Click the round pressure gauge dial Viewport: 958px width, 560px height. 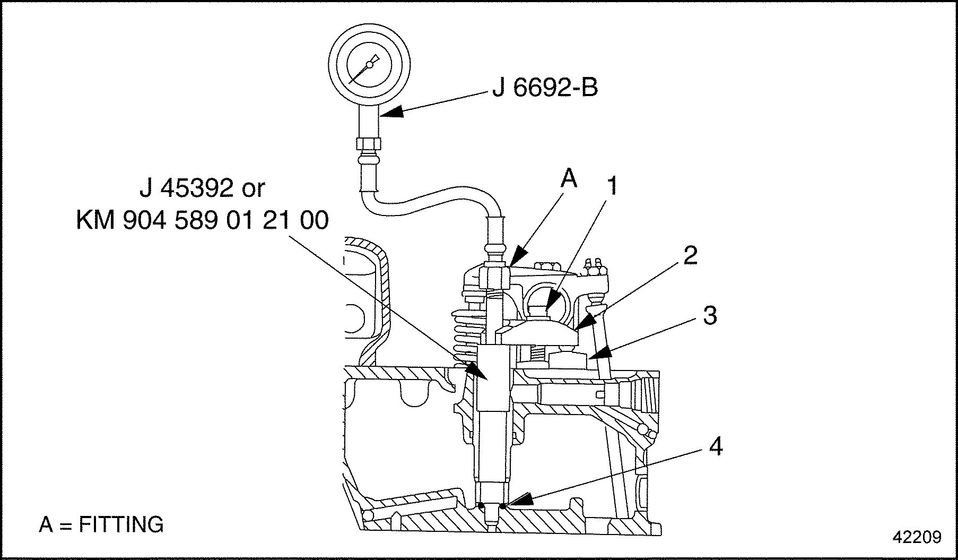pyautogui.click(x=369, y=65)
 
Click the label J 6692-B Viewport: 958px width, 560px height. pyautogui.click(x=545, y=88)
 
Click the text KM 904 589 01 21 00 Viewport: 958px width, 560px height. pyautogui.click(x=202, y=221)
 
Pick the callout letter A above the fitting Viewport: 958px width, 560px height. pyautogui.click(x=569, y=179)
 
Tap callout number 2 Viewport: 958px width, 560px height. pyautogui.click(x=690, y=256)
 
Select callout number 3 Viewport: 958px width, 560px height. pyautogui.click(x=709, y=315)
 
